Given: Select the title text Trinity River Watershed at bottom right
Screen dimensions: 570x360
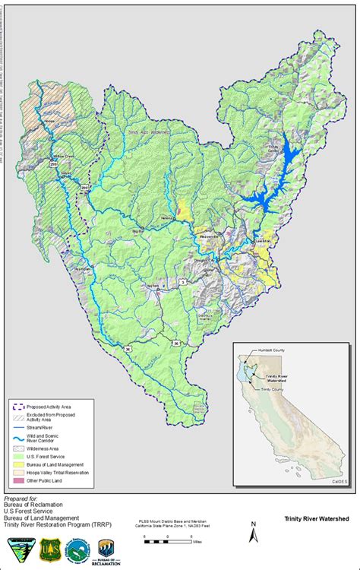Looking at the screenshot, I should coord(317,518).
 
